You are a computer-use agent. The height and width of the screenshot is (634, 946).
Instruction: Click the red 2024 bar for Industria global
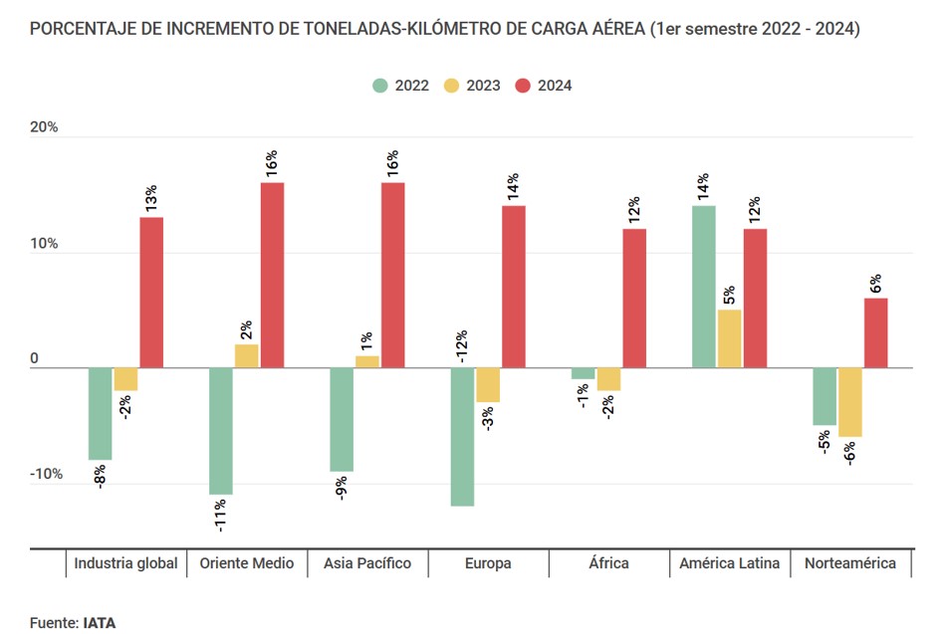(151, 293)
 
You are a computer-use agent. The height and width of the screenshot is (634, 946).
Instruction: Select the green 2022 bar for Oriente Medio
(221, 431)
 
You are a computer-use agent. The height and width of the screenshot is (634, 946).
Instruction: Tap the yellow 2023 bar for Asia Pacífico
(367, 362)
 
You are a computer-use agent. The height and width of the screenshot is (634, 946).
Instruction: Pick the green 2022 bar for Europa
(463, 437)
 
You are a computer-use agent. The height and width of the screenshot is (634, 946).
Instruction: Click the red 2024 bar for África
(634, 299)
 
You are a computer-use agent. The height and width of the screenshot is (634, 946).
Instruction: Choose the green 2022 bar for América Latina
(704, 287)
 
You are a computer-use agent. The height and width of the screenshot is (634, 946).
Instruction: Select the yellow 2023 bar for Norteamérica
(850, 402)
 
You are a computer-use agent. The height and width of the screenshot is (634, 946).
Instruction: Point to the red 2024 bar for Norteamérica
(875, 333)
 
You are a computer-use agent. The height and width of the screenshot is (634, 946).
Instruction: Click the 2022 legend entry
(400, 86)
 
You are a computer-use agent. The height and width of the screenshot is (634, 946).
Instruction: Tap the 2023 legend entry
(472, 86)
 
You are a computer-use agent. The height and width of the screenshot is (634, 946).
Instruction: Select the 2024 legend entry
(544, 86)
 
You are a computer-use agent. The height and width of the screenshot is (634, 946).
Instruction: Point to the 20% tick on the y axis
(45, 127)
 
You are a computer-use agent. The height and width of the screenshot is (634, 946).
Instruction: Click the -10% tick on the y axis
(45, 474)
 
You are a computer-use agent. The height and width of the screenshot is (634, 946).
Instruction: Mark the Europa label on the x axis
(488, 563)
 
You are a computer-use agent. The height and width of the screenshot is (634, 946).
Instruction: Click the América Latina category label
(729, 563)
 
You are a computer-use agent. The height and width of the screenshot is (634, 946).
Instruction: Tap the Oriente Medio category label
(247, 563)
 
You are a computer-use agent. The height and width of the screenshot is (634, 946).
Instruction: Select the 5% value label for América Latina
(729, 296)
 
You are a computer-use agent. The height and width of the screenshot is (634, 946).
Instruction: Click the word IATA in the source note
(100, 622)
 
